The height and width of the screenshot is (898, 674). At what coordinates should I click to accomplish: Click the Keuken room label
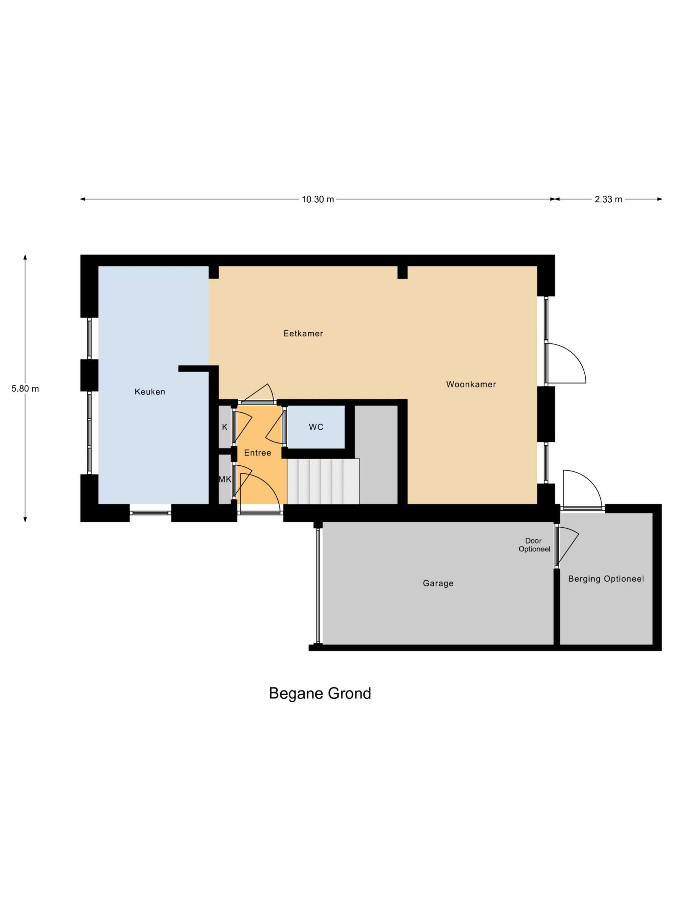pyautogui.click(x=150, y=392)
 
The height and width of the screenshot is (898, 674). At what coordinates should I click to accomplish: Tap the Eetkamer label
pyautogui.click(x=303, y=333)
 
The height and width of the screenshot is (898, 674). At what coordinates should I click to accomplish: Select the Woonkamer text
pyautogui.click(x=471, y=384)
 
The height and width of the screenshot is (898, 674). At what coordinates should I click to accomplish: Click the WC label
pyautogui.click(x=316, y=427)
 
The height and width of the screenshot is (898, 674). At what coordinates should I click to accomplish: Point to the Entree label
pyautogui.click(x=257, y=453)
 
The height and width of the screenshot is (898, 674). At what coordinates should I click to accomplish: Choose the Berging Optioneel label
pyautogui.click(x=606, y=579)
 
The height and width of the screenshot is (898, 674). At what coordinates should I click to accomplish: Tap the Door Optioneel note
pyautogui.click(x=534, y=545)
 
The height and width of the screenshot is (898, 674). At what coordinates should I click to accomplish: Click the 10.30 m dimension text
pyautogui.click(x=318, y=199)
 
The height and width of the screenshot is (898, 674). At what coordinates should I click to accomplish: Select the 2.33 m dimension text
pyautogui.click(x=608, y=199)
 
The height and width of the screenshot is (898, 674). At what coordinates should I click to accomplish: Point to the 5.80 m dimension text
pyautogui.click(x=25, y=389)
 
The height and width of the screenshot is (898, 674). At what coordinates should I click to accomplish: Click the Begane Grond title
pyautogui.click(x=320, y=693)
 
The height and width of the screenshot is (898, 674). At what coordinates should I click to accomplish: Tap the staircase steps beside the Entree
pyautogui.click(x=323, y=481)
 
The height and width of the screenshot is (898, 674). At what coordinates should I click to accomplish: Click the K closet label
pyautogui.click(x=225, y=427)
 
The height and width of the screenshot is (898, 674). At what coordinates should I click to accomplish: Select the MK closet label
pyautogui.click(x=225, y=479)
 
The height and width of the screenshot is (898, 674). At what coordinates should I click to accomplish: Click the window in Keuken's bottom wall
pyautogui.click(x=150, y=513)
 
